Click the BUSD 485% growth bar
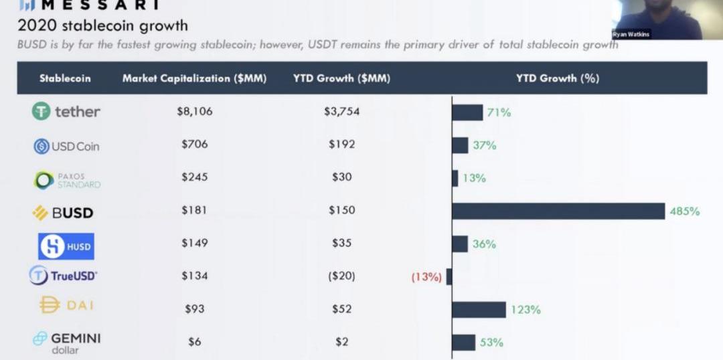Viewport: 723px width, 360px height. [x=558, y=211]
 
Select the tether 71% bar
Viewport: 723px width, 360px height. [x=467, y=112]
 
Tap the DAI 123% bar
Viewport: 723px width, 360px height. [x=479, y=309]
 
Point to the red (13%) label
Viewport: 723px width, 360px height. [x=426, y=276]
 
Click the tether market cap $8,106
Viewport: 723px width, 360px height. [x=194, y=112]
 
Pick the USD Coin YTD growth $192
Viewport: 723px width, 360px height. [x=341, y=145]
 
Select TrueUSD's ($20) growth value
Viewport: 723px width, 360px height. [x=341, y=276]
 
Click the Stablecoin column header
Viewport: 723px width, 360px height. [x=65, y=78]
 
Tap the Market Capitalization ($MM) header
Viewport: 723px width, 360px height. [x=194, y=78]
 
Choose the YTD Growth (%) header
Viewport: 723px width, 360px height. [x=557, y=78]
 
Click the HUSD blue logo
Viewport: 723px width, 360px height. [x=66, y=246]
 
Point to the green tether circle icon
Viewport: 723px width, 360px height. [x=42, y=112]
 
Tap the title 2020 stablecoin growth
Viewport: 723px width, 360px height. [x=102, y=26]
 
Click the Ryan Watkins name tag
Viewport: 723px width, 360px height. [x=631, y=34]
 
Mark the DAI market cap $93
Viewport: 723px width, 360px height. [x=194, y=309]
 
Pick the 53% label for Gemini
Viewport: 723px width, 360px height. [x=491, y=343]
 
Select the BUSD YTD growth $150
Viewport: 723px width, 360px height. [x=341, y=210]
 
